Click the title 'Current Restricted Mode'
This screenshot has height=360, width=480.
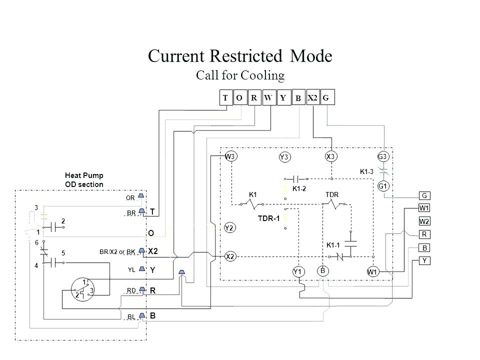[x=240, y=55]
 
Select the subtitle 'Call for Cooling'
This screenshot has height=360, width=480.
[x=240, y=75]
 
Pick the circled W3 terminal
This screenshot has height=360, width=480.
[x=230, y=156]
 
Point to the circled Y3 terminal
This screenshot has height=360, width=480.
[x=284, y=157]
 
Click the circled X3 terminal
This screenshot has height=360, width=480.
[x=330, y=156]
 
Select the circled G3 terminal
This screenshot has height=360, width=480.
[x=383, y=156]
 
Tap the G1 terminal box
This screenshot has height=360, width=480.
[x=383, y=186]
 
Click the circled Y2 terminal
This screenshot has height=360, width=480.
[x=230, y=228]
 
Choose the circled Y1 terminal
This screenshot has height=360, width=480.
[x=298, y=271]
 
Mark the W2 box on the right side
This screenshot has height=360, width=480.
[x=424, y=220]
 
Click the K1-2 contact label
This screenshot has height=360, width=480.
[x=299, y=188]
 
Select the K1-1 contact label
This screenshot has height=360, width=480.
[x=333, y=245]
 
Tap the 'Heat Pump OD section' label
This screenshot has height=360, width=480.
[x=84, y=180]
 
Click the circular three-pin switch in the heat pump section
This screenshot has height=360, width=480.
[x=83, y=288]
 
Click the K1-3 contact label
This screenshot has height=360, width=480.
[x=367, y=171]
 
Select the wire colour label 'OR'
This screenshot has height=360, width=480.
[x=131, y=197]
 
